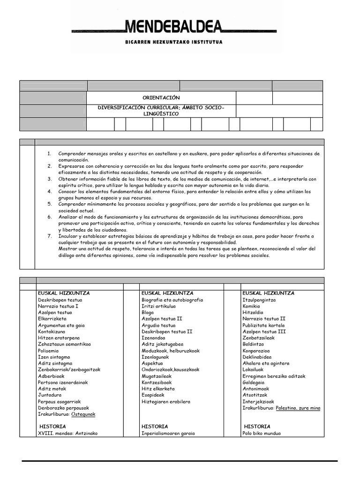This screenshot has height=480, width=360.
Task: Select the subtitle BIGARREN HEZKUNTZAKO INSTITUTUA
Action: pos(174,42)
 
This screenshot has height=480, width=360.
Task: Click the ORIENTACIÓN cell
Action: pos(161,97)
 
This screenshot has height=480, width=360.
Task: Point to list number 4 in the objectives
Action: pos(50,192)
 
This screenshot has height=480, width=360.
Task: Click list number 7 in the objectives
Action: pos(50,236)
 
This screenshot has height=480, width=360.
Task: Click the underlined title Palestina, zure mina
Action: pos(298,408)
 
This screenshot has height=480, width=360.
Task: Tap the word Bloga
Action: pos(148,312)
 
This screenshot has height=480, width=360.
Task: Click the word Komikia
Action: pos(251,306)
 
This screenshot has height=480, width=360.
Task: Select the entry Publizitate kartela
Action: pos(263,325)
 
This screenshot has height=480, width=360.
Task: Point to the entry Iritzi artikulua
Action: pos(158,306)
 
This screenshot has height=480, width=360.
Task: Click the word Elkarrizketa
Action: pos(52,319)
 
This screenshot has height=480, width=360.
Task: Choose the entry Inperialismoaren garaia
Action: pos(168,433)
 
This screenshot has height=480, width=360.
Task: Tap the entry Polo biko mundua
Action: pos(262,433)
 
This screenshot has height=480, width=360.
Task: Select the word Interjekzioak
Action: pos(258,401)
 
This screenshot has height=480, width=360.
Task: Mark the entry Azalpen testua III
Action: pos(264,331)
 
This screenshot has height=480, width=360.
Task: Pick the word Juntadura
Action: pos(50,395)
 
